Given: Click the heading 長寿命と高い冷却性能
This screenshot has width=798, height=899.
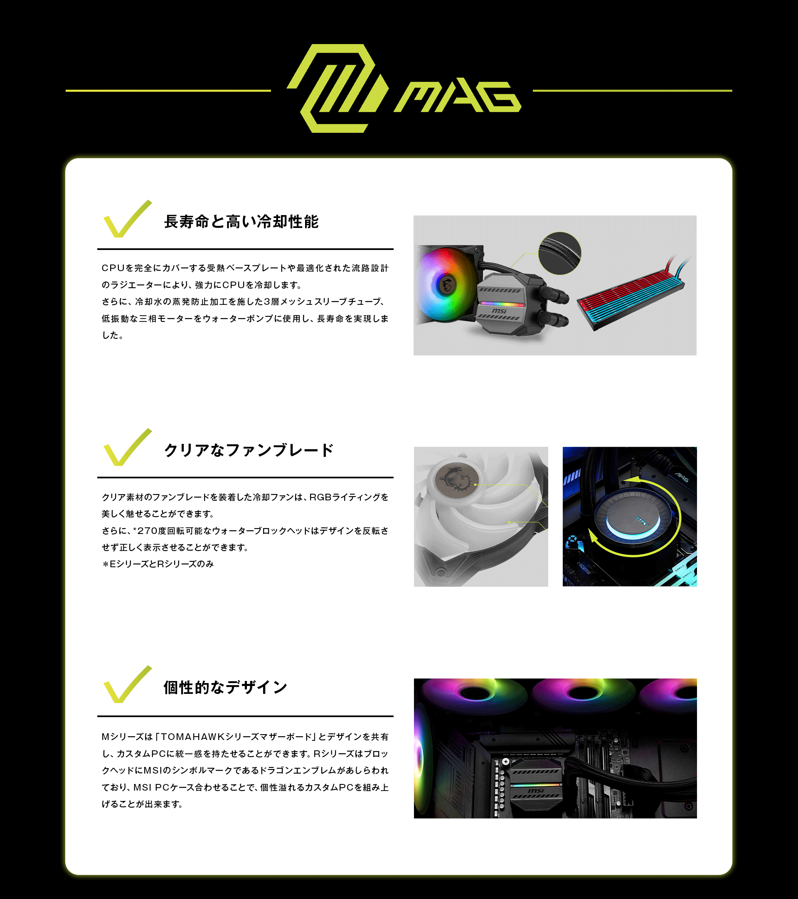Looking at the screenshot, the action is coord(241,222).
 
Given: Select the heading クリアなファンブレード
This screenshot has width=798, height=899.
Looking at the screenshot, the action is coord(249,450).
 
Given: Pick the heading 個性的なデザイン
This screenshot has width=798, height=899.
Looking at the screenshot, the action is coord(225,687).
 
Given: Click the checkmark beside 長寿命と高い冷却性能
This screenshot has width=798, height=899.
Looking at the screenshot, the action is coord(127,219).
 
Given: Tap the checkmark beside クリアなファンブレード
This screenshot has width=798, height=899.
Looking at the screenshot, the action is coord(127,447).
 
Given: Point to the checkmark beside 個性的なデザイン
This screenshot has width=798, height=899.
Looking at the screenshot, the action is coord(127,684).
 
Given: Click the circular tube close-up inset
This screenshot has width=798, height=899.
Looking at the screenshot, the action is coord(560,253).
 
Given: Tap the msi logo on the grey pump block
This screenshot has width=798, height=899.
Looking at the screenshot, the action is coord(500,311).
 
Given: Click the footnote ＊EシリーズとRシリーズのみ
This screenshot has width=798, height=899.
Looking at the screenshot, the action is coord(158,564).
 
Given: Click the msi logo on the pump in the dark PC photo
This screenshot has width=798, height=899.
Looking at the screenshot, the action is coord(536,791).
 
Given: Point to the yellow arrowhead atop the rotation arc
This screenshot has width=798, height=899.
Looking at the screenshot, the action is coord(633,480).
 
